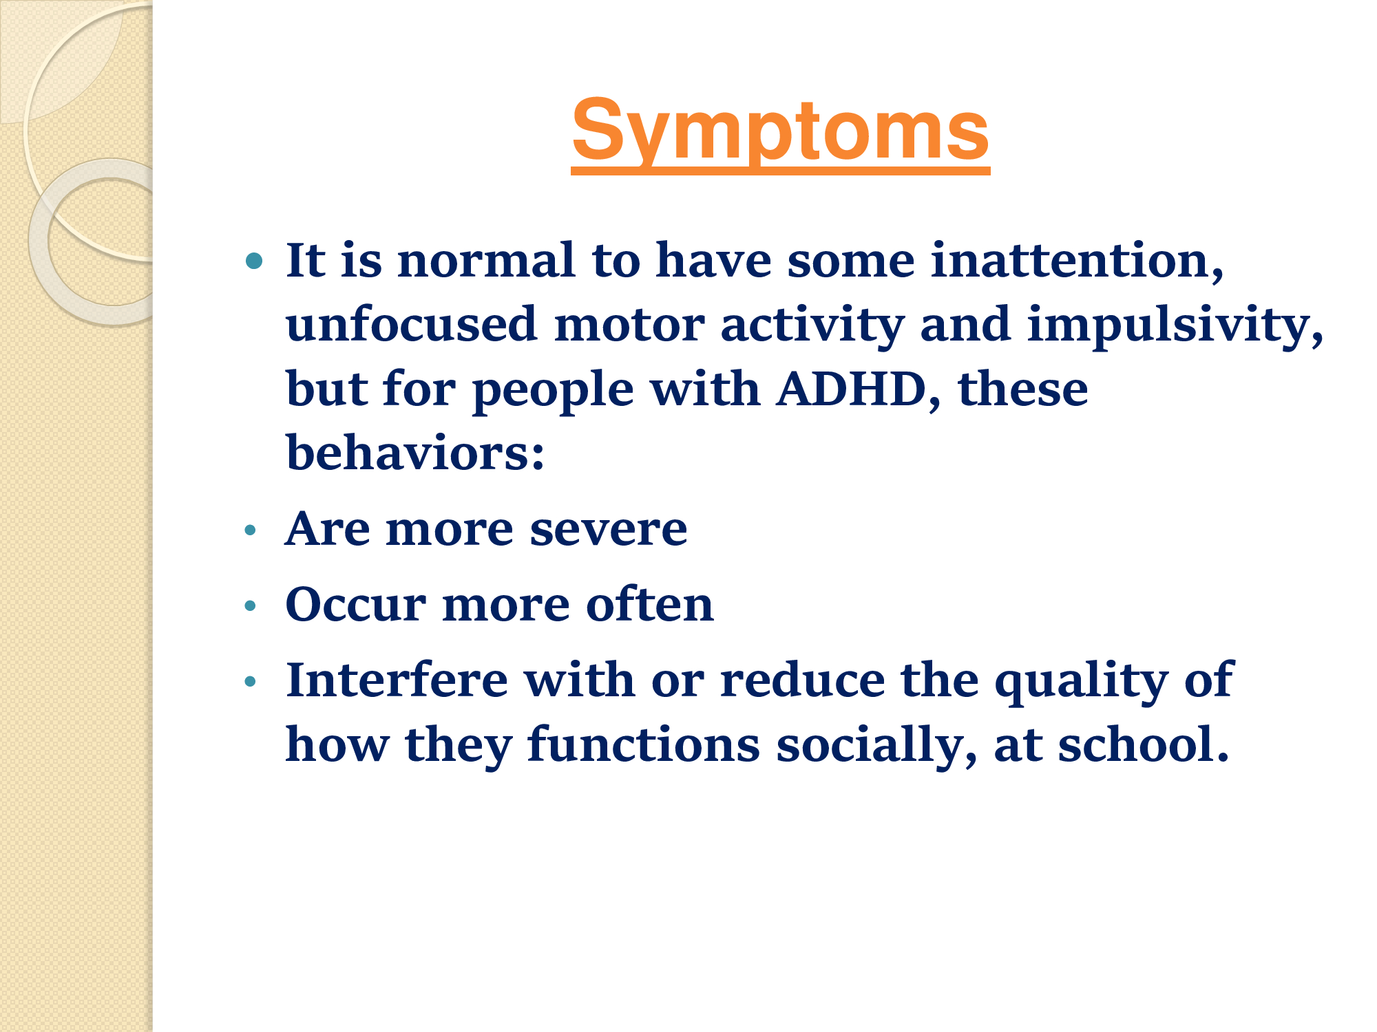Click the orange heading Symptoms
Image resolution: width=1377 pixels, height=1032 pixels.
coord(780,132)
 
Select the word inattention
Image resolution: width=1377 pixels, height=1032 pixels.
coord(1077,261)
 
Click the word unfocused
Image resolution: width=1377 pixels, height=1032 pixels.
coord(411,324)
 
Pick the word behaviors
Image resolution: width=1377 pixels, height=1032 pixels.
coord(415,453)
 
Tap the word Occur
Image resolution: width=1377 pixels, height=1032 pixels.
coord(356,605)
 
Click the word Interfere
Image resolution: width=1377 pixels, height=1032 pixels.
coord(397,680)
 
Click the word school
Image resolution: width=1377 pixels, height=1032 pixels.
coord(1143,744)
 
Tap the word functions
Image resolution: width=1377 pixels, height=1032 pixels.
coord(644,744)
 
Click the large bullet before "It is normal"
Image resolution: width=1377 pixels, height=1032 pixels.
coord(254,261)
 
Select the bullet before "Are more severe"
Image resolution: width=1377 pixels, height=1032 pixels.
coord(250,530)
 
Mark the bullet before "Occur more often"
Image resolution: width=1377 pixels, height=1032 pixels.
coord(250,605)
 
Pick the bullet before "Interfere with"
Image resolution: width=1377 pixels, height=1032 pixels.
coord(250,681)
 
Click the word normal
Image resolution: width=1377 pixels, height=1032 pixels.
coord(486,261)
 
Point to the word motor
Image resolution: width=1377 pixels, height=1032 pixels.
coord(629,325)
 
